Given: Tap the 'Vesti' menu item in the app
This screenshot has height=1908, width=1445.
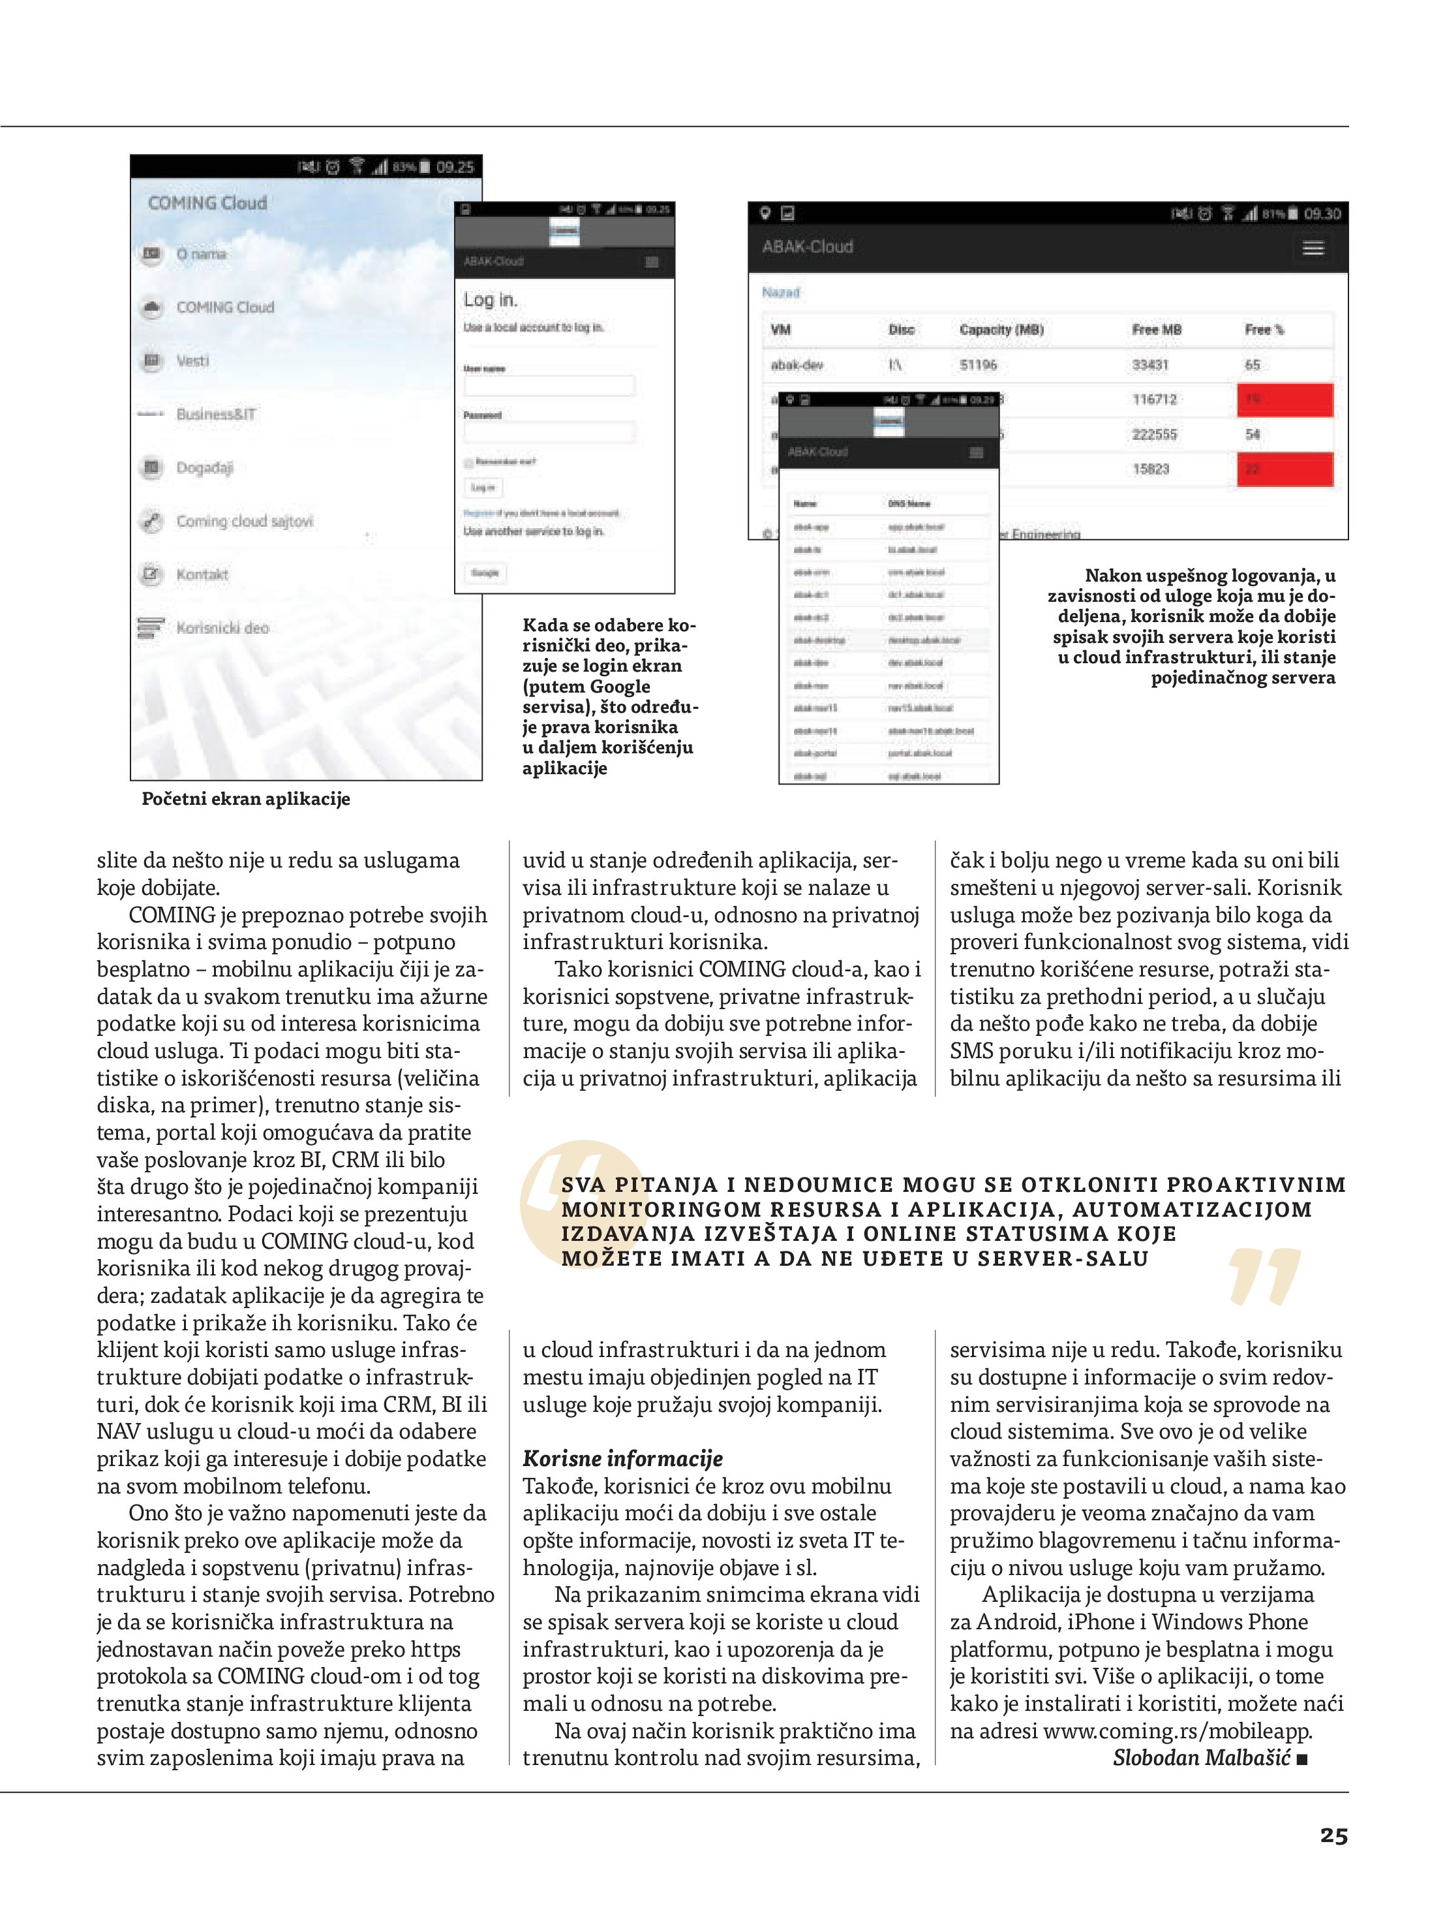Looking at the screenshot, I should pyautogui.click(x=192, y=360).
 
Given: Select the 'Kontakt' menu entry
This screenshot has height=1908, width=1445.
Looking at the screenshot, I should pyautogui.click(x=202, y=574).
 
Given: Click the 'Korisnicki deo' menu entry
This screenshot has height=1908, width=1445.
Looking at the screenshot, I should pyautogui.click(x=222, y=628).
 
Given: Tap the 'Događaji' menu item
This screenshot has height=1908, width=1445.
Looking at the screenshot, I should pyautogui.click(x=204, y=467).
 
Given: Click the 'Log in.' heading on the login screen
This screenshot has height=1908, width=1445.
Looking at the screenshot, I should pyautogui.click(x=490, y=300).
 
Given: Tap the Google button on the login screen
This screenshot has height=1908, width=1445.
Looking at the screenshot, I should pyautogui.click(x=485, y=572).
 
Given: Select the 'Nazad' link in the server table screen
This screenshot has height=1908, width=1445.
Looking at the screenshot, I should pyautogui.click(x=780, y=292).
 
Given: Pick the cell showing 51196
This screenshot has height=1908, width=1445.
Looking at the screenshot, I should pyautogui.click(x=978, y=365).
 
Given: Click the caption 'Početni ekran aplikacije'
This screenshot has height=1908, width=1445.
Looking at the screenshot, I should pyautogui.click(x=246, y=799).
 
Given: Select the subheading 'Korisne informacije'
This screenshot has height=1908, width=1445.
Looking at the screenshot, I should pyautogui.click(x=622, y=1459).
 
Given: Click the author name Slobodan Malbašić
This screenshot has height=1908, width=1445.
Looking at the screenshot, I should pyautogui.click(x=1201, y=1758).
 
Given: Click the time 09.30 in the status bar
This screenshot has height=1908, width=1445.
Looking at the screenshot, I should pyautogui.click(x=1322, y=214).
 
